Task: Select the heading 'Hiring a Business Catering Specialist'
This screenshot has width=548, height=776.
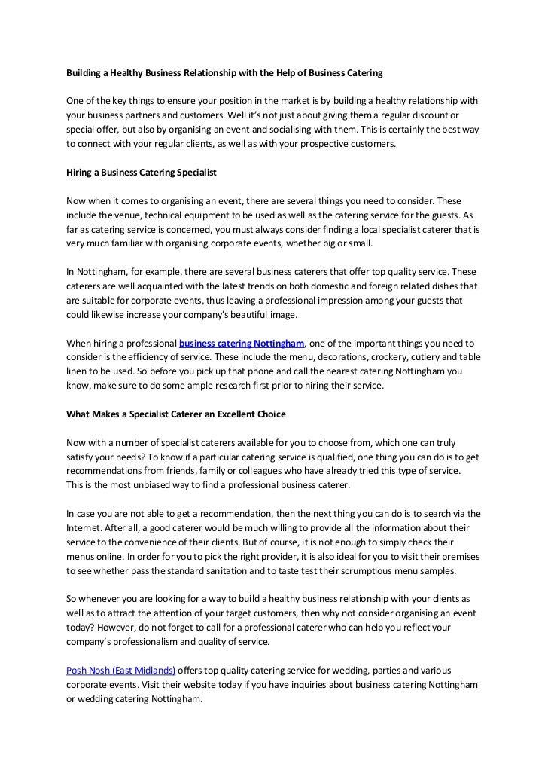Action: (142, 173)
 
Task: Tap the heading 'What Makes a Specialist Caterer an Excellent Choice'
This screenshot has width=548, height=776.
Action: (176, 415)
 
